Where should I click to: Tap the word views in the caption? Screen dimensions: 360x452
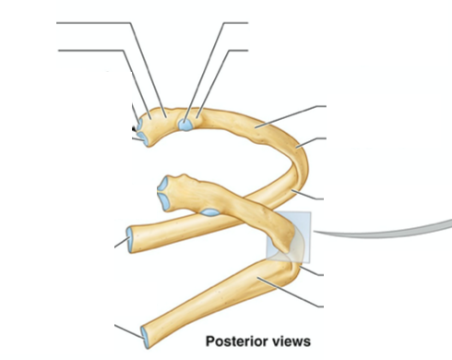pos(291,341)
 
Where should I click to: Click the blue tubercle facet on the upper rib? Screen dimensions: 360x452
pos(187,123)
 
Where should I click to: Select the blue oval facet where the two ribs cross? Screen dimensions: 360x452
pos(210,212)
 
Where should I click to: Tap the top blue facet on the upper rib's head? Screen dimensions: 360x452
pos(138,119)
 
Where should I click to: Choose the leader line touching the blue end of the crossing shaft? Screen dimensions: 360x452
pos(121,243)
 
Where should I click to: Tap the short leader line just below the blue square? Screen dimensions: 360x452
pos(315,270)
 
